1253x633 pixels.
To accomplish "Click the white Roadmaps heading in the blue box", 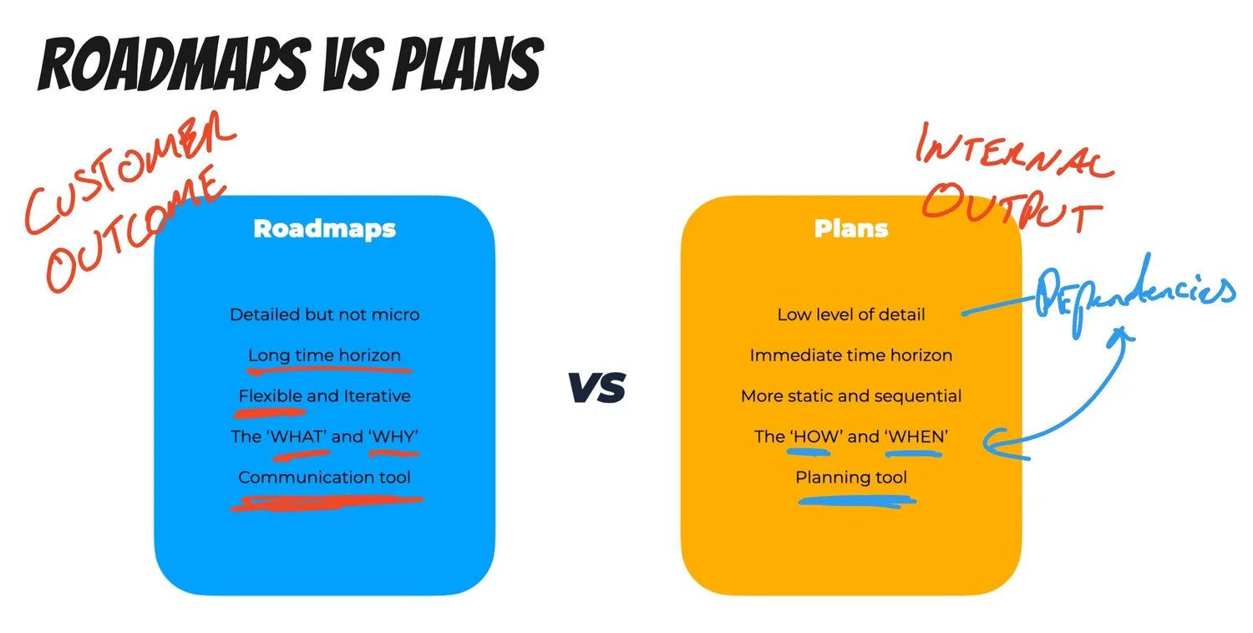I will pyautogui.click(x=324, y=228).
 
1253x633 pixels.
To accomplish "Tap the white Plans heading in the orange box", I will pyautogui.click(x=851, y=228).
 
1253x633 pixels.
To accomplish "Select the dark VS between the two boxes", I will pyautogui.click(x=596, y=388).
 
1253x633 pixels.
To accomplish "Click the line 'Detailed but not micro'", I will pyautogui.click(x=324, y=314).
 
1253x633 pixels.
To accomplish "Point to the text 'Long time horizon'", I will pyautogui.click(x=324, y=355).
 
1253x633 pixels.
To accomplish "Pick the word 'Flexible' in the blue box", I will pyautogui.click(x=270, y=396).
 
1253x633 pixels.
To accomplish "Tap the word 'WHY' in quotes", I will pyautogui.click(x=393, y=436).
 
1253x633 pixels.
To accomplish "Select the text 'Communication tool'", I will pyautogui.click(x=324, y=477).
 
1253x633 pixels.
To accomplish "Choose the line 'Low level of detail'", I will pyautogui.click(x=850, y=314).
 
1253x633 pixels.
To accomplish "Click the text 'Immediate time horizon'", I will pyautogui.click(x=850, y=355).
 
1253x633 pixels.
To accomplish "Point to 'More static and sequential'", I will pyautogui.click(x=850, y=396).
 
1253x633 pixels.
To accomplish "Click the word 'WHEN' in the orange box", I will pyautogui.click(x=915, y=436).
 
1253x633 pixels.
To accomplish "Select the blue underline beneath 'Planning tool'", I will pyautogui.click(x=856, y=502).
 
